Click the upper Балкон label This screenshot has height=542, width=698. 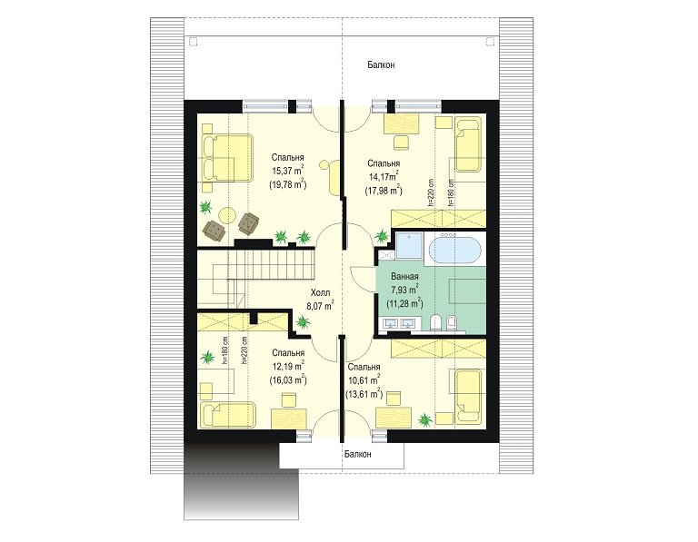pos(381,65)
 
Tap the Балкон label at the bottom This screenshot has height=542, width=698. pos(357,455)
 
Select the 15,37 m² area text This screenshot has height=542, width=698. pos(287,171)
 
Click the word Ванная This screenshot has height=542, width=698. pos(404,277)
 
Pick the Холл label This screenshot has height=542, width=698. pos(320,292)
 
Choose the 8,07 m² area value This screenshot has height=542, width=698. pos(320,306)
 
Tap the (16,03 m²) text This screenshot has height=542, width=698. pos(288,380)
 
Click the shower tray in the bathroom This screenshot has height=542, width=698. pos(409,245)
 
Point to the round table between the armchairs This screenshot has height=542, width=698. pos(227,215)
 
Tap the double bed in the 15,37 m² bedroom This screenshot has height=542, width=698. pos(228,157)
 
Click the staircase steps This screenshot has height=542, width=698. pos(271,264)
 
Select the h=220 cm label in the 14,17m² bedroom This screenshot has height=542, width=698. pos(431,193)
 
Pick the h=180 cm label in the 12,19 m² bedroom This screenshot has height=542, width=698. pos(224,350)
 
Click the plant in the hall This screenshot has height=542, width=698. pos(304,321)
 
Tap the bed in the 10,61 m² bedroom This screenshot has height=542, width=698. pos(469,396)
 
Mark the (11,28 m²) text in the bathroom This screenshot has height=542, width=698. pos(404,303)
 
